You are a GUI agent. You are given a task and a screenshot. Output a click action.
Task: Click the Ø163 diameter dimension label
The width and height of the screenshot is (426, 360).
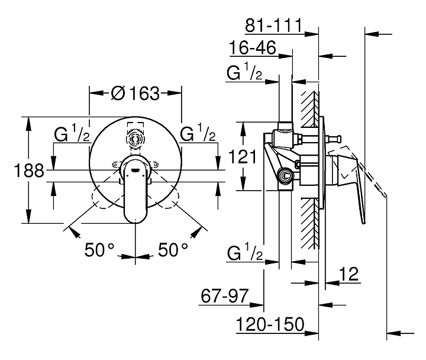[x=135, y=94]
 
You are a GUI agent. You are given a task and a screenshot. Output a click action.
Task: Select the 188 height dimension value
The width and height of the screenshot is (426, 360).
[x=29, y=171]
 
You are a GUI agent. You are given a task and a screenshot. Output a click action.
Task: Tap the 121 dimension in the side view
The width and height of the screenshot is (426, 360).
[x=243, y=157]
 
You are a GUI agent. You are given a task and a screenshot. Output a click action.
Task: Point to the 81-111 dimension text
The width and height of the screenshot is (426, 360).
[x=273, y=25]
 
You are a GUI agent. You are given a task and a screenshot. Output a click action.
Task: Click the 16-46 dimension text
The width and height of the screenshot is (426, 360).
[x=253, y=47]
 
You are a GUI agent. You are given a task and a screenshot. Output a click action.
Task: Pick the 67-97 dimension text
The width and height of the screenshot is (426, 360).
[x=225, y=295]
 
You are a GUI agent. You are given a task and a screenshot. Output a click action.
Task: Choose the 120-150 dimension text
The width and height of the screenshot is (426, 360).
[x=270, y=324]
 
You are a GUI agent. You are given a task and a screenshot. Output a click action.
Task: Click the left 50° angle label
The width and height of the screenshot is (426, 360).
[x=99, y=250]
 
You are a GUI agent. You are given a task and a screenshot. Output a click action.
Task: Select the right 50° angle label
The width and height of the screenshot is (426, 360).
[x=173, y=250]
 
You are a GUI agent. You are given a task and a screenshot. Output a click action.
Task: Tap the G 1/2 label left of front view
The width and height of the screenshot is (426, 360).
[x=72, y=133]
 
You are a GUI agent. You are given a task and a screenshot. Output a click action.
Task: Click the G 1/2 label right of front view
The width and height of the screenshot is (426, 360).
[x=198, y=133]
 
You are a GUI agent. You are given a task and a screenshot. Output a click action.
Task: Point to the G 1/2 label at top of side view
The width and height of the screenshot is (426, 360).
[x=244, y=71]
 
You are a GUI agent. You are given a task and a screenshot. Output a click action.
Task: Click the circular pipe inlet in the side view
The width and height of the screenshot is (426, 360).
[x=285, y=176]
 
